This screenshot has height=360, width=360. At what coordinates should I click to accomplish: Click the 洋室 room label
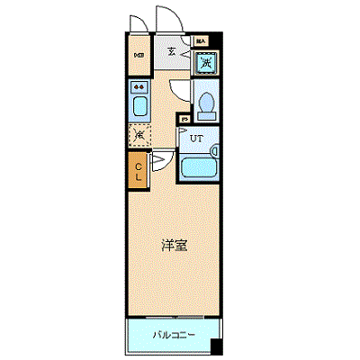click(x=174, y=245)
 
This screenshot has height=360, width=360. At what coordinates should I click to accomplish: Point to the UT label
click(x=195, y=138)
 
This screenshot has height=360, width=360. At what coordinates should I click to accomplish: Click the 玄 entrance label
click(x=170, y=51)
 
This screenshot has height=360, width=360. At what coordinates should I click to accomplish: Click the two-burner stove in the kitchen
click(x=139, y=88)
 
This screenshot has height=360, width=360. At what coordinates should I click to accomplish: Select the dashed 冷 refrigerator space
click(x=139, y=135)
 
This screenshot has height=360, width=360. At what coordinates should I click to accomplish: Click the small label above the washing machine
click(x=202, y=40)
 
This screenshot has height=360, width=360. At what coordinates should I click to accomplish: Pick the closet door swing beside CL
click(x=157, y=162)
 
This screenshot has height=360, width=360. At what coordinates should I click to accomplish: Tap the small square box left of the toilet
click(x=184, y=118)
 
